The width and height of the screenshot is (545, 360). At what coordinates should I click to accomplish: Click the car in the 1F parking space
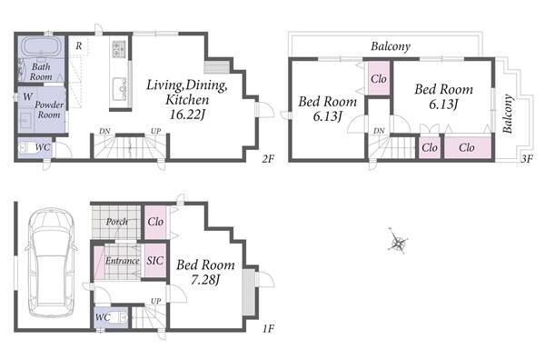pos(51,263)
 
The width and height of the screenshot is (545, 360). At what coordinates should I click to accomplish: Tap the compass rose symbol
pos(398,242)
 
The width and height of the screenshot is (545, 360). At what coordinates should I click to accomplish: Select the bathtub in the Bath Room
pos(42,46)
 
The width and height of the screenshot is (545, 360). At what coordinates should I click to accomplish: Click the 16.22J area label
pos(186,115)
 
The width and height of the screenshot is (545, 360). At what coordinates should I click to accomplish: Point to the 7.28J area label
pos(205,280)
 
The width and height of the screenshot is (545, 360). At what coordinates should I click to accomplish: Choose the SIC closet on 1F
pos(155,260)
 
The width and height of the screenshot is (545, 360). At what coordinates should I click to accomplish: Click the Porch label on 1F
pos(116,221)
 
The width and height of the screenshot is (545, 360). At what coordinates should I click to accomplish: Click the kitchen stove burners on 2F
pos(119,49)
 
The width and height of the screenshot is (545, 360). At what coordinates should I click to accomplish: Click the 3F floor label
pos(527,158)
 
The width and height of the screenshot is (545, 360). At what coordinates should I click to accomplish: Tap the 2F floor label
pos(268,159)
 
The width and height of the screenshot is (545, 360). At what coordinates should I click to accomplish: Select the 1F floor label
pos(268,328)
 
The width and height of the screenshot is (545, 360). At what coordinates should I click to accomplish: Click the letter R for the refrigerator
pos(79,45)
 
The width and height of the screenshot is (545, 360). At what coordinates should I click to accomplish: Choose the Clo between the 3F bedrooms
pos(379,79)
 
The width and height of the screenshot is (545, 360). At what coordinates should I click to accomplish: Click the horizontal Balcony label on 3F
pos(391,46)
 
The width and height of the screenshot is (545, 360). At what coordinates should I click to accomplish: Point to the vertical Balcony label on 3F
pos(508,114)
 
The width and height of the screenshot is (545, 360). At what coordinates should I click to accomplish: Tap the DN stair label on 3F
pos(379,131)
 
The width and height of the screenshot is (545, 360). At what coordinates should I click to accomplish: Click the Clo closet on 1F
pos(155,222)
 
